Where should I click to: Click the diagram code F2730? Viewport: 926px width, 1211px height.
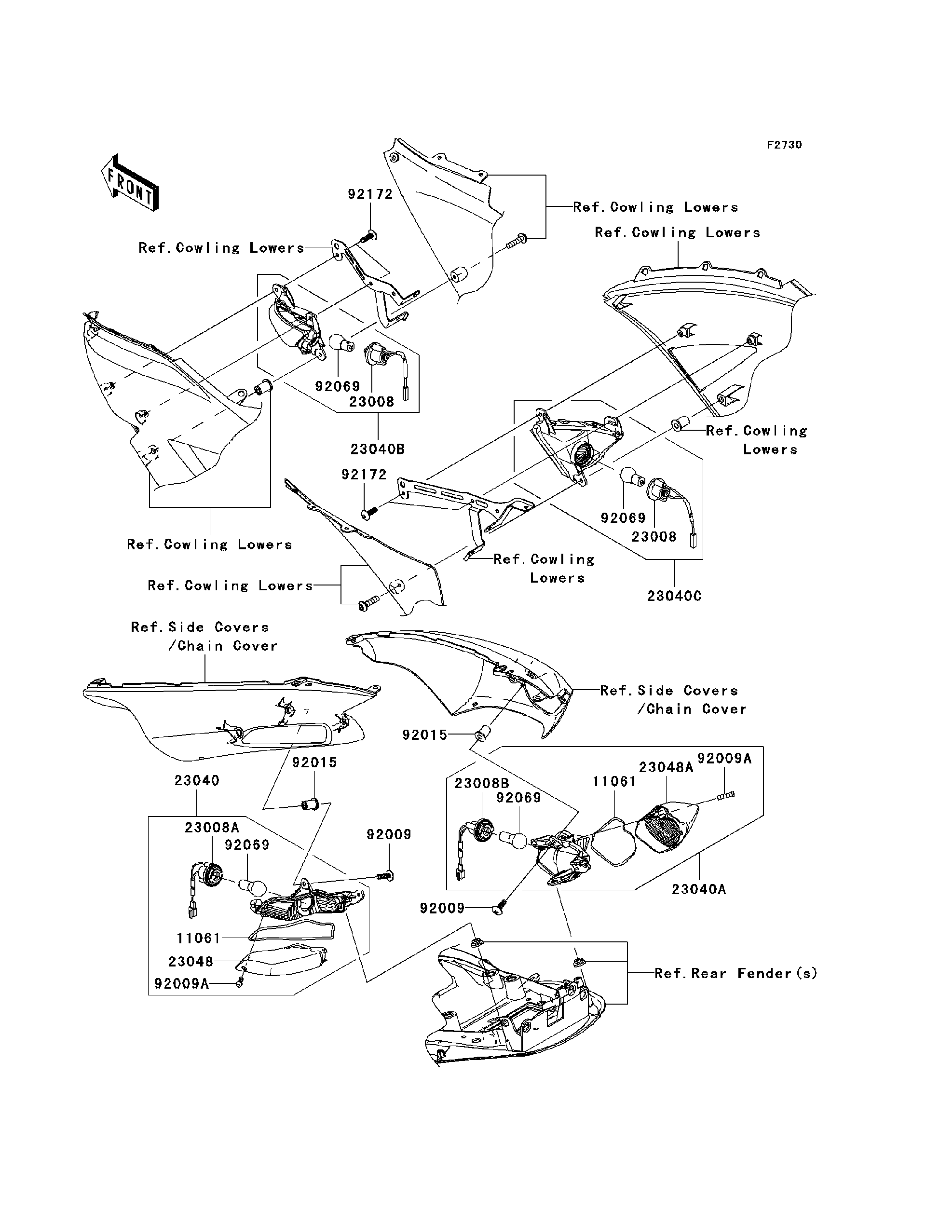[x=784, y=145]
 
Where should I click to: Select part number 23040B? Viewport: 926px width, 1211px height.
[x=378, y=449]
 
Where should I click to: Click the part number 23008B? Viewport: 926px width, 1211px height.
[x=482, y=783]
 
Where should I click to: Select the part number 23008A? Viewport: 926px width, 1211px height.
[x=212, y=828]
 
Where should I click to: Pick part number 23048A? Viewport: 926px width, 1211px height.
[x=666, y=767]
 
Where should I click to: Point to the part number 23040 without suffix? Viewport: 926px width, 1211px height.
[x=197, y=780]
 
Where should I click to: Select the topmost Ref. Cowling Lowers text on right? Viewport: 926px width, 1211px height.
[x=655, y=207]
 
